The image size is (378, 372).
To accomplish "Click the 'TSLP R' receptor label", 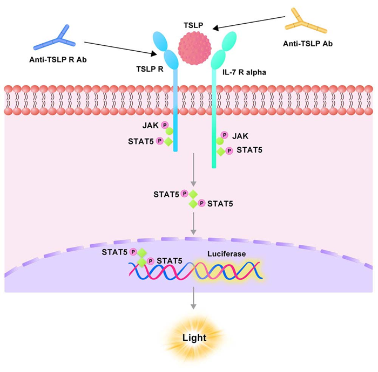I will (x=150, y=70).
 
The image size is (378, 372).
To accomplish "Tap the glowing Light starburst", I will (x=193, y=338).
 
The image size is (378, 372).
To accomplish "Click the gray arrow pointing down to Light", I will (x=193, y=302).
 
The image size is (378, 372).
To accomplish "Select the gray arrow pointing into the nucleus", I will (x=193, y=223).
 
